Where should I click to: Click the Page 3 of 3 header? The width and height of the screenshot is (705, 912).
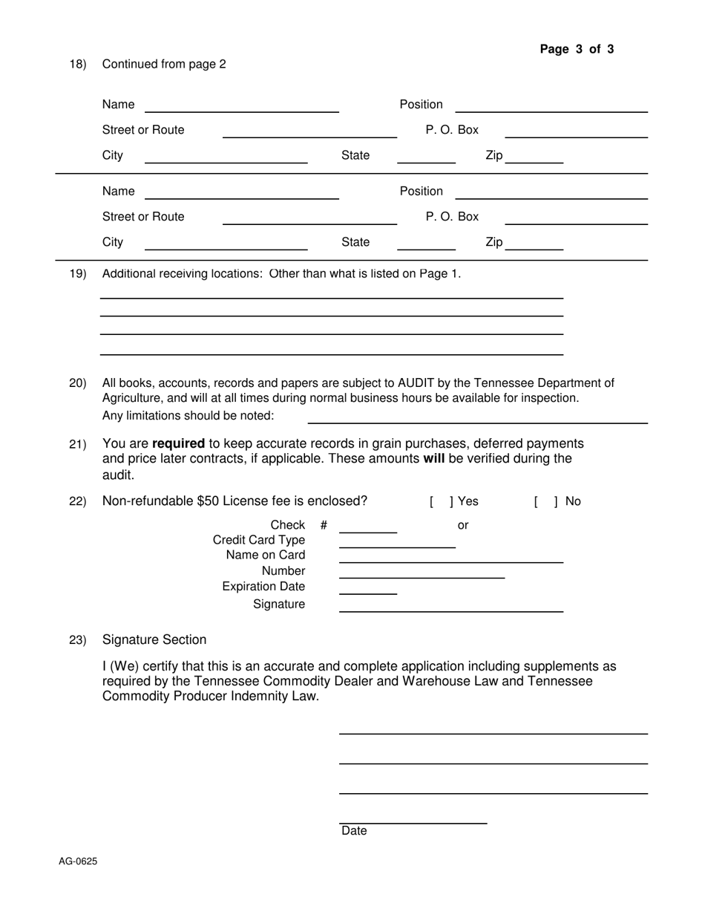(577, 50)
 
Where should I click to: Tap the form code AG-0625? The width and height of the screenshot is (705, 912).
(78, 861)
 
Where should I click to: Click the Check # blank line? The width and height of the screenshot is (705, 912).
(367, 529)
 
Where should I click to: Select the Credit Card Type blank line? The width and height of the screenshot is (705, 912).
(397, 544)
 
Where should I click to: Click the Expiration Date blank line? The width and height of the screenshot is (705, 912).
(367, 590)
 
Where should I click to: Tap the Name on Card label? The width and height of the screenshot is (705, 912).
(265, 556)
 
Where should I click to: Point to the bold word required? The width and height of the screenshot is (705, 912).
(178, 443)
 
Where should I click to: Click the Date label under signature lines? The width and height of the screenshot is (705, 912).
(354, 831)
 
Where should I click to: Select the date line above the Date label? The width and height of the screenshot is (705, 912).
(413, 821)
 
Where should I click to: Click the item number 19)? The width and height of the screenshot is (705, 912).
(78, 274)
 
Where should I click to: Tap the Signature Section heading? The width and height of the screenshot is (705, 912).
(154, 640)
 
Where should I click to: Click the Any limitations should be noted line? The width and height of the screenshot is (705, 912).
(477, 420)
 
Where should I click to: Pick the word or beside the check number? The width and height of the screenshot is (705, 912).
(463, 526)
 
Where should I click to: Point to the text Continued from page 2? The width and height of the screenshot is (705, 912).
(164, 65)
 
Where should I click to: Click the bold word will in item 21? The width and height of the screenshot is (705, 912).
(433, 459)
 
